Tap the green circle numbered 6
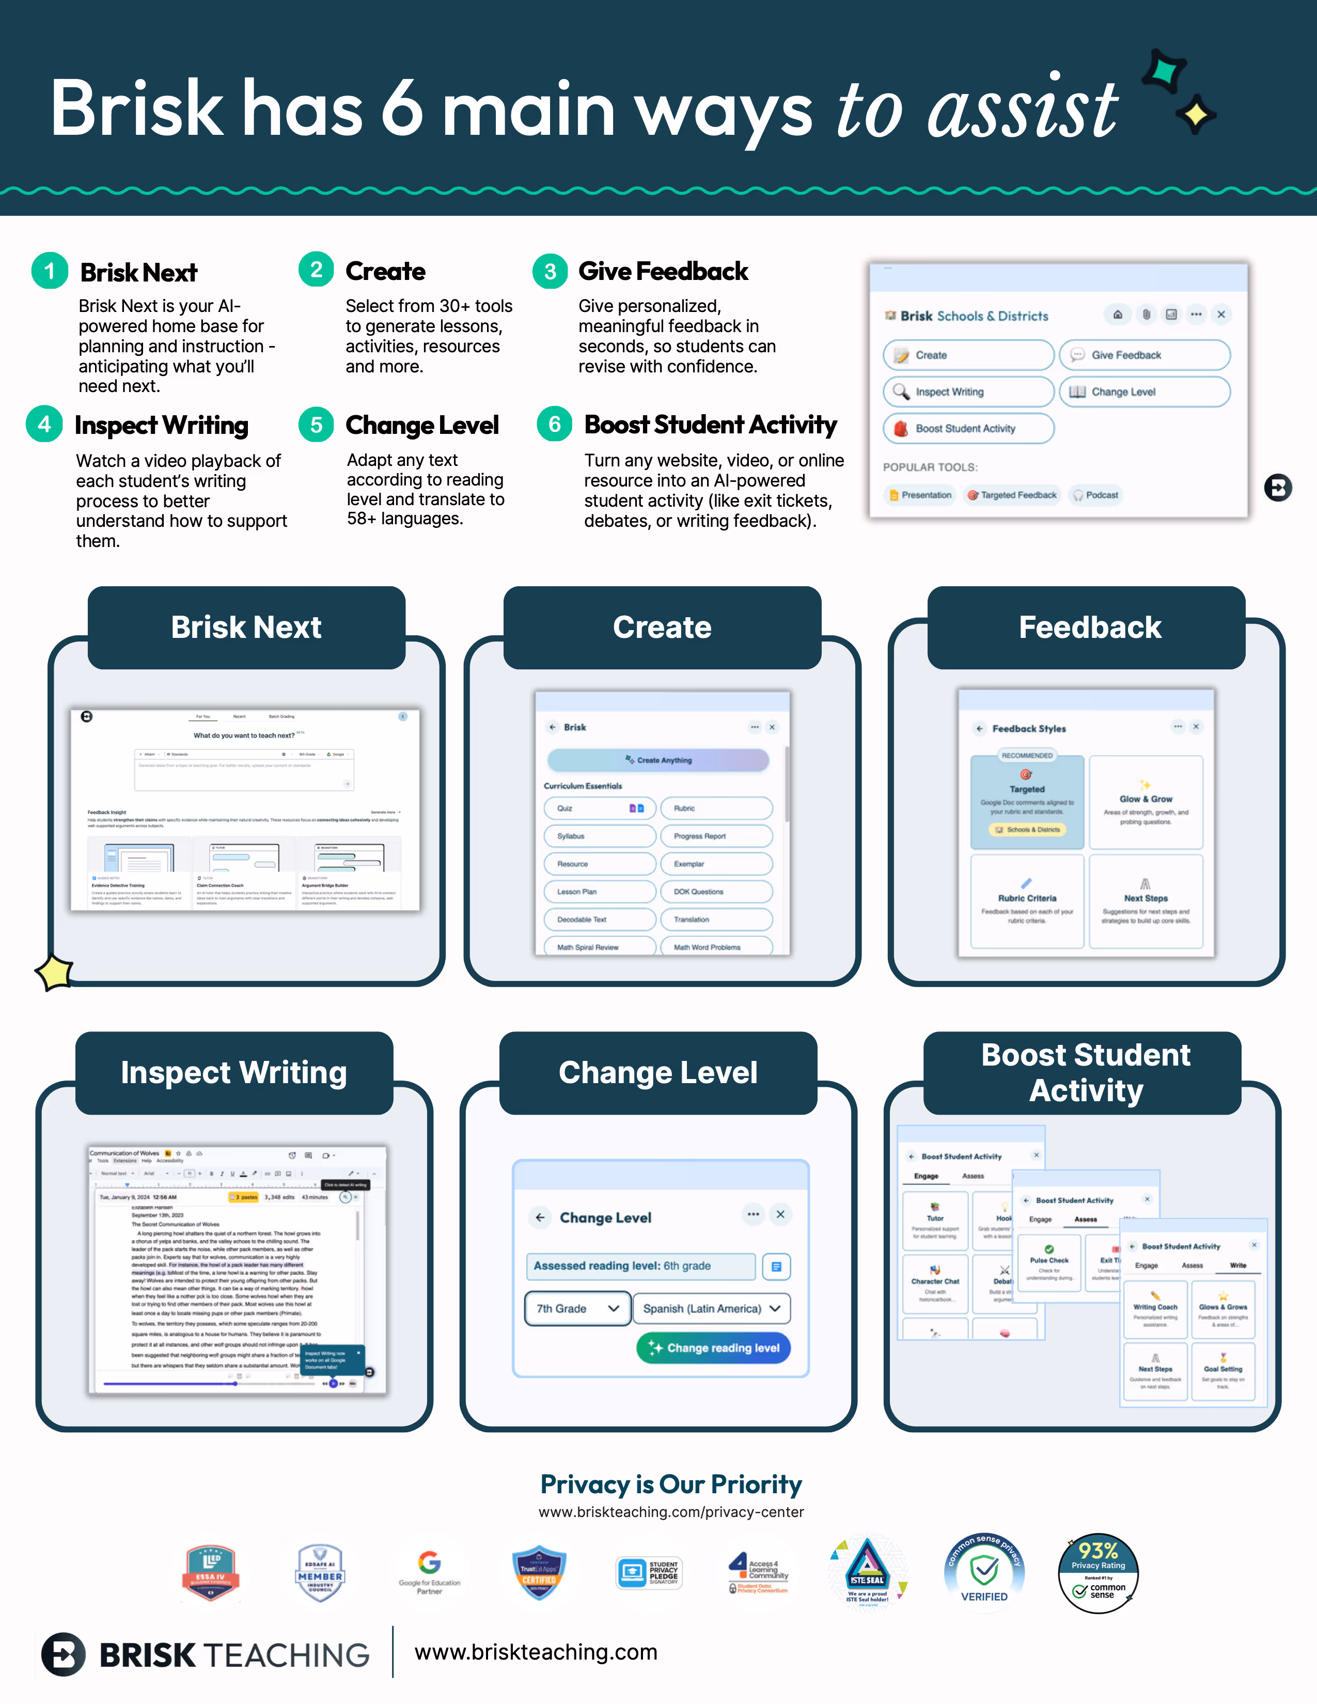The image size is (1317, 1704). click(x=555, y=425)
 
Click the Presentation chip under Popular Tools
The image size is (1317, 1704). click(x=921, y=495)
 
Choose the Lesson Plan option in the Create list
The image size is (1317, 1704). click(x=599, y=892)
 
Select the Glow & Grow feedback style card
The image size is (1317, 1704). click(x=1146, y=802)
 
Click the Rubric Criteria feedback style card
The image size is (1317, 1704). click(x=1027, y=901)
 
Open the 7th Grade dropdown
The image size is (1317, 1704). click(x=577, y=1308)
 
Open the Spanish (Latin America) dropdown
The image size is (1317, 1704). click(x=711, y=1308)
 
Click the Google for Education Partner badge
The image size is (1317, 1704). click(x=429, y=1573)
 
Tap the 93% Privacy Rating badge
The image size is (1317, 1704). click(x=1098, y=1573)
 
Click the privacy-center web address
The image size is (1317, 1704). click(x=671, y=1512)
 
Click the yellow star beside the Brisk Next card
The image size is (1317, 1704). click(x=55, y=973)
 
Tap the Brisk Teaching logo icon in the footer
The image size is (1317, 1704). click(x=63, y=1654)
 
